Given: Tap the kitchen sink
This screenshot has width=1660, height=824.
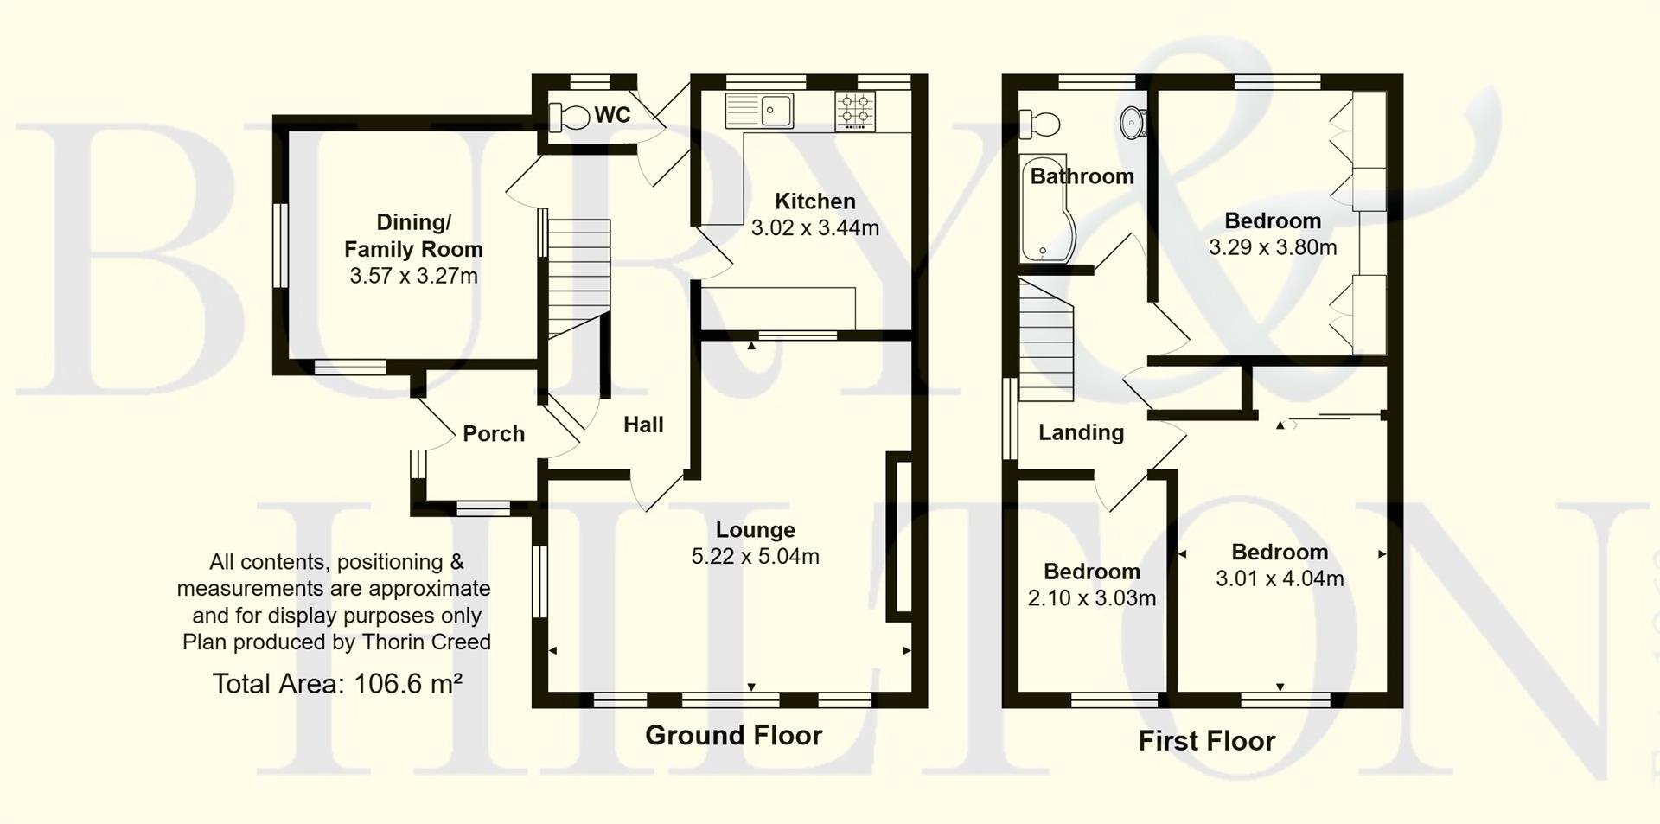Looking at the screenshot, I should pyautogui.click(x=759, y=111).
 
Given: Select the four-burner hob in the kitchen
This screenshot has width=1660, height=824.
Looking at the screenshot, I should pyautogui.click(x=855, y=111).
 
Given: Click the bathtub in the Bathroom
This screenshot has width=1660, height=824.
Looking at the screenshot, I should pyautogui.click(x=1044, y=212).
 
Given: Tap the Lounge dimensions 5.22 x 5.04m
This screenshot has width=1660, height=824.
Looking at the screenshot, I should pyautogui.click(x=755, y=556).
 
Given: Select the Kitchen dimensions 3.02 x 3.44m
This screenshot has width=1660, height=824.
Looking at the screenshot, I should pyautogui.click(x=814, y=228).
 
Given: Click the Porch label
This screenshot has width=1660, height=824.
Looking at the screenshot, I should pyautogui.click(x=493, y=433).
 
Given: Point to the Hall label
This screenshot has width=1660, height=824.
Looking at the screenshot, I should pyautogui.click(x=643, y=425).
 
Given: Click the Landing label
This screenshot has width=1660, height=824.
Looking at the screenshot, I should pyautogui.click(x=1081, y=432).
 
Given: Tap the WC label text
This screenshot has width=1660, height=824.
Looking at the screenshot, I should pyautogui.click(x=612, y=115).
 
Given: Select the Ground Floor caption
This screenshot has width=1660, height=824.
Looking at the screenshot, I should pyautogui.click(x=733, y=736).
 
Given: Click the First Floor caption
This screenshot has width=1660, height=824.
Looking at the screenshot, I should pyautogui.click(x=1206, y=741).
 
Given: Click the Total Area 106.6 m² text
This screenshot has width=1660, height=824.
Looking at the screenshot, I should pyautogui.click(x=336, y=684).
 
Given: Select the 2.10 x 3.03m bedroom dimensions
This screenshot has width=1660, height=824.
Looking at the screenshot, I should pyautogui.click(x=1091, y=598).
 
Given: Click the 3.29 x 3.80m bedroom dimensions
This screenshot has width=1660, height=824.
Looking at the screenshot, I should pyautogui.click(x=1272, y=248).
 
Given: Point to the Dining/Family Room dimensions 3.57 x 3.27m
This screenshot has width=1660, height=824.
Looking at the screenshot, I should pyautogui.click(x=413, y=277).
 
